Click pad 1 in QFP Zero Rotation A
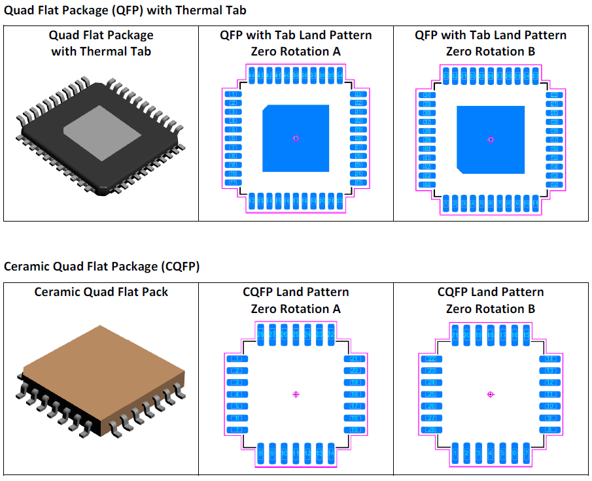(233, 95)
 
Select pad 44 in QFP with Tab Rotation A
(252, 76)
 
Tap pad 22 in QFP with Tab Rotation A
(358, 182)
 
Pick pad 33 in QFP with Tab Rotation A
(358, 95)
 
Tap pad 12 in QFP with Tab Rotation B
(554, 184)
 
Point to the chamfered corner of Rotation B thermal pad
(461, 170)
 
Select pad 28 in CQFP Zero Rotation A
(260, 335)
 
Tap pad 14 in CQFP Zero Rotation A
(331, 453)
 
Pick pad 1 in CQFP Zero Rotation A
(234, 359)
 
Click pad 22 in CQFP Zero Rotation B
(430, 359)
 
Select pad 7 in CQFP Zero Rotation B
(526, 452)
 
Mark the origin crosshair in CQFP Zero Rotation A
(296, 394)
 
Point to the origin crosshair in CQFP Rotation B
(491, 394)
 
